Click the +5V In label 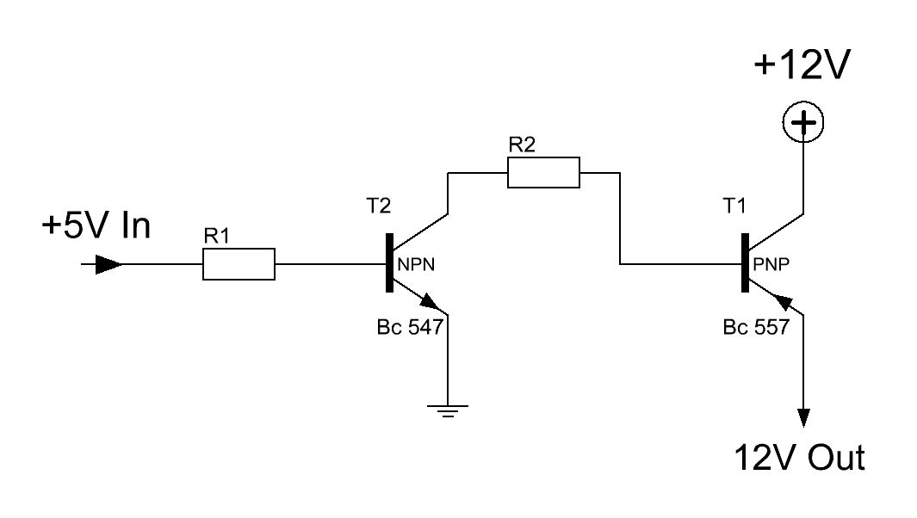click(x=96, y=225)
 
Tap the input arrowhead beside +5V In click(x=108, y=264)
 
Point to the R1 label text click(x=216, y=237)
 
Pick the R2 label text click(x=522, y=145)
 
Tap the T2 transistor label click(x=378, y=206)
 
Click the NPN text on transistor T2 click(x=416, y=265)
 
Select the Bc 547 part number click(x=410, y=327)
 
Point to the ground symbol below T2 click(x=448, y=410)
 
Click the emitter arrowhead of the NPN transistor click(x=431, y=302)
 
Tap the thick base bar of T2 click(x=389, y=262)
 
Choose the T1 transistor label click(x=734, y=206)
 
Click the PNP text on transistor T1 click(x=771, y=265)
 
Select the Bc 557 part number click(x=756, y=327)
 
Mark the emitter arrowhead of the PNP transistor click(x=783, y=302)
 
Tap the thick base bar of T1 click(x=745, y=262)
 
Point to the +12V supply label click(x=802, y=65)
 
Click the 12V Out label click(x=799, y=457)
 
